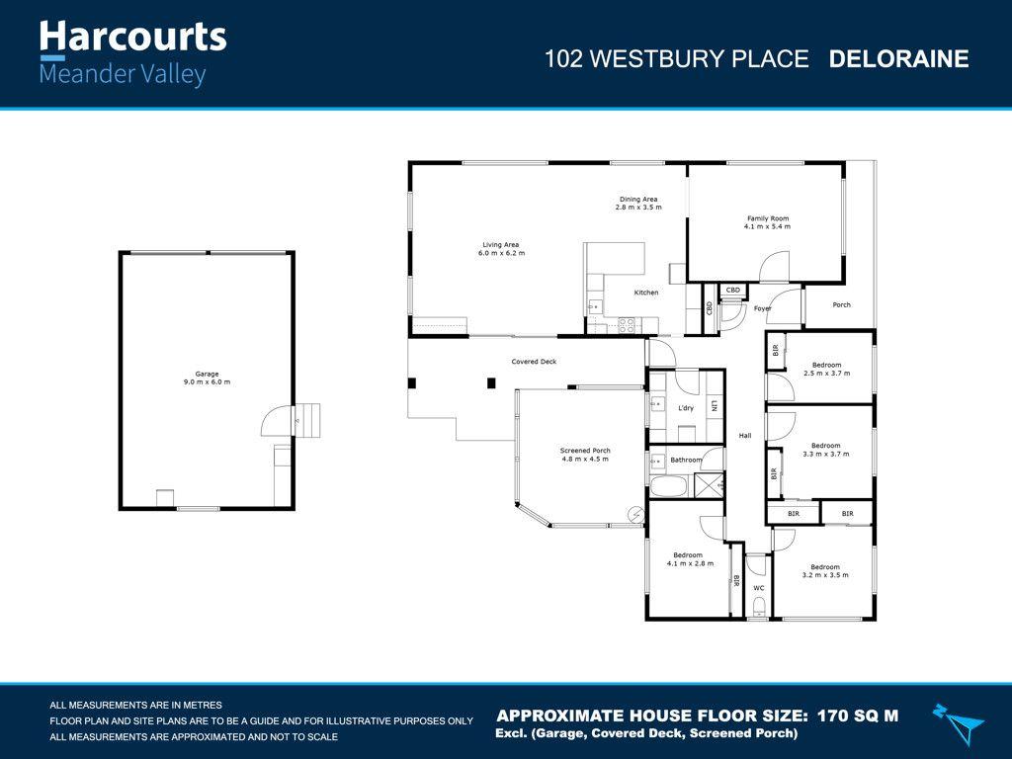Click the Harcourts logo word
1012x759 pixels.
click(x=132, y=38)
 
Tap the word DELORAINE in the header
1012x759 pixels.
click(x=898, y=59)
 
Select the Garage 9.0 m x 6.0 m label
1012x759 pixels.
click(x=207, y=379)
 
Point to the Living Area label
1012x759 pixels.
click(x=500, y=249)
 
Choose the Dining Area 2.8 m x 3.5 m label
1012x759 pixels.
click(x=636, y=204)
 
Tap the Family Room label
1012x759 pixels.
click(x=766, y=222)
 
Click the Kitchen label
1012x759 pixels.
click(x=645, y=293)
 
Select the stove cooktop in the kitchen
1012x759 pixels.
click(x=626, y=324)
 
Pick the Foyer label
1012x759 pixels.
click(x=762, y=308)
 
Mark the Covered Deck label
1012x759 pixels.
click(x=534, y=362)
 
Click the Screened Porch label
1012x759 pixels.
click(x=585, y=455)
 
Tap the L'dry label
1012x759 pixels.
click(x=686, y=408)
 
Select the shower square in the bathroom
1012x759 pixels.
click(x=709, y=484)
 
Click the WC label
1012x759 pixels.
click(x=758, y=588)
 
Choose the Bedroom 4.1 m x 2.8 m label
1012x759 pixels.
click(x=689, y=559)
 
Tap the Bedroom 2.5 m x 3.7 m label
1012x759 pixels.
click(x=825, y=369)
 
